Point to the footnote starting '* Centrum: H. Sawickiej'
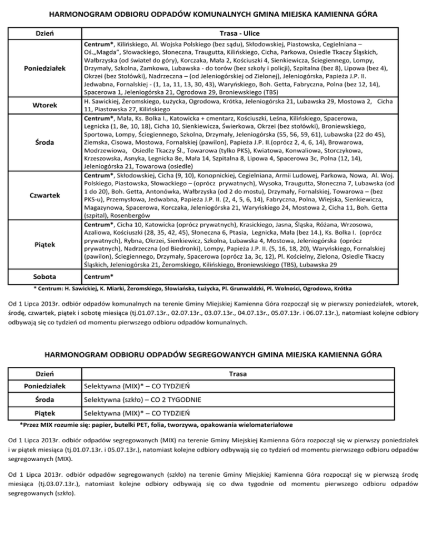201,289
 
